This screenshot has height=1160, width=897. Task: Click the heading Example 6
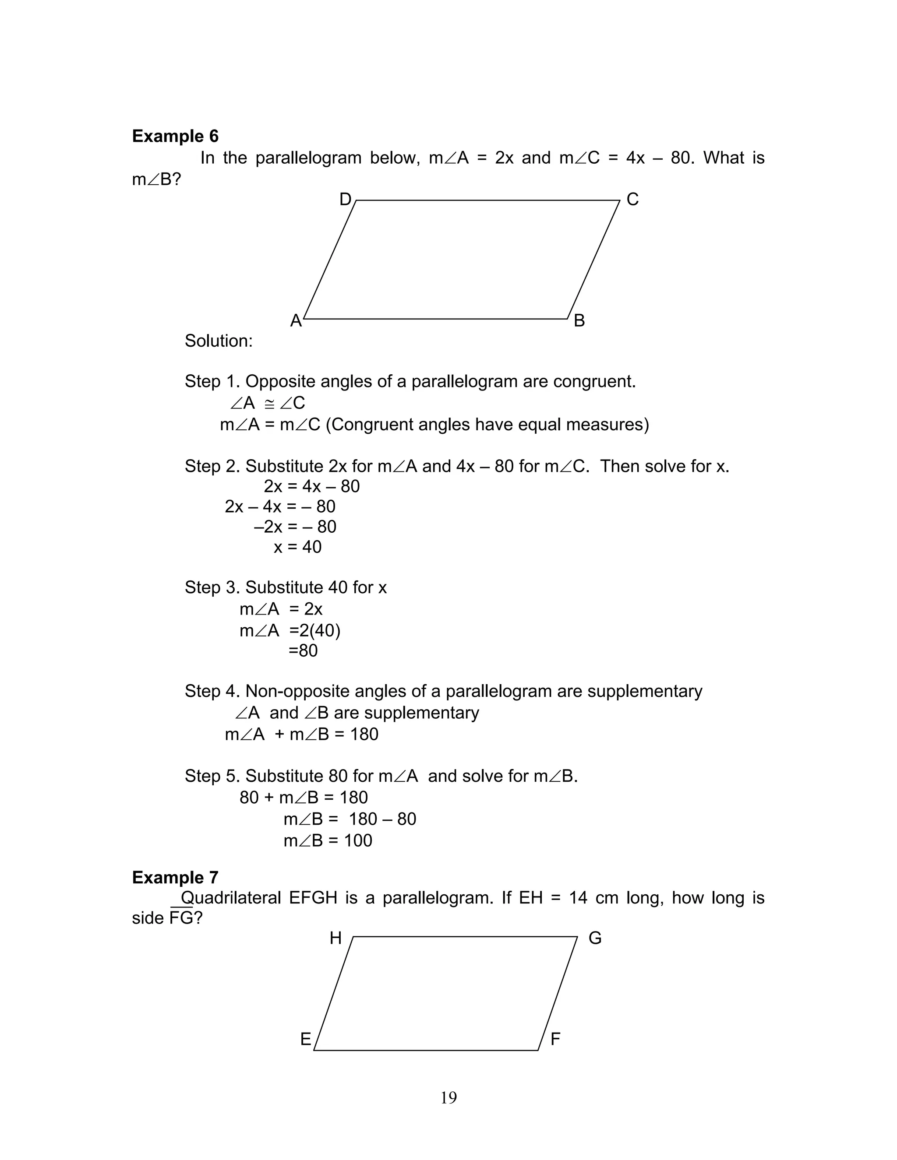point(175,137)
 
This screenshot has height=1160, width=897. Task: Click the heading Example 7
point(175,877)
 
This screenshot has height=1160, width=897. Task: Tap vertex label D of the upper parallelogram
point(346,200)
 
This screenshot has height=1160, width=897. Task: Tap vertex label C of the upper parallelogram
point(632,200)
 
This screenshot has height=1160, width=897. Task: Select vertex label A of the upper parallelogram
point(296,321)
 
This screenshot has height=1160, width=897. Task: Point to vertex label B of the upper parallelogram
point(579,321)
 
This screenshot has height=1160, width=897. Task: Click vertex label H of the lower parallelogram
point(335,939)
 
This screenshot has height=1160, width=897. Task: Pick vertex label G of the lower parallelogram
point(595,939)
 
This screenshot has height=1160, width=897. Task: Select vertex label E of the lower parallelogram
point(306,1040)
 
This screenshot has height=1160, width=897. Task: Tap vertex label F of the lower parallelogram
point(555,1040)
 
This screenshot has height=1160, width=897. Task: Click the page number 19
point(448,1097)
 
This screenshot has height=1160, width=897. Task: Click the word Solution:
point(219,341)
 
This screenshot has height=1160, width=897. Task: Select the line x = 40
point(297,547)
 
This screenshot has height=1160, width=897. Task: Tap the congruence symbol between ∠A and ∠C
point(269,404)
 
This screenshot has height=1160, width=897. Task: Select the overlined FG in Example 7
point(181,918)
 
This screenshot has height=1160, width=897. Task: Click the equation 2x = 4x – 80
point(311,486)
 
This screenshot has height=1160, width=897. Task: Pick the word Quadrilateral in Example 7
point(231,898)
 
